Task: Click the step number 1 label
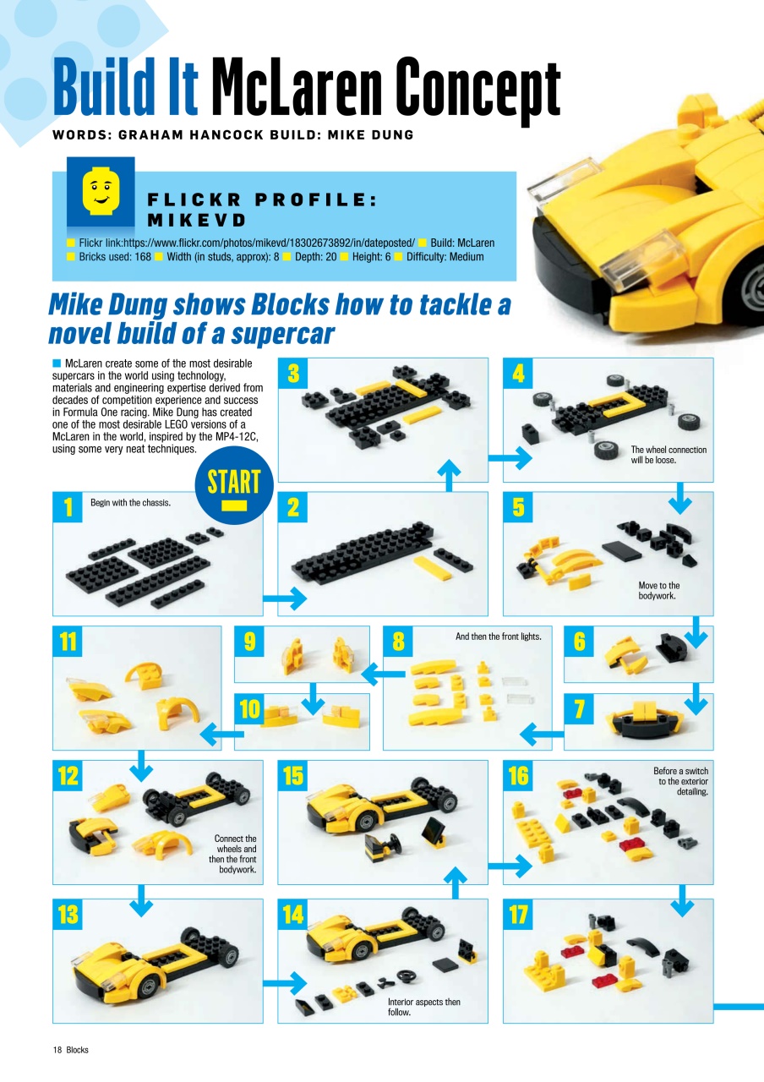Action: (x=66, y=506)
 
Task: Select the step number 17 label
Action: (x=518, y=914)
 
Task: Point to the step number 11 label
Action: (x=68, y=642)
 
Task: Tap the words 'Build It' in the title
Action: (x=126, y=89)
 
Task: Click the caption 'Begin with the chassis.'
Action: (x=130, y=503)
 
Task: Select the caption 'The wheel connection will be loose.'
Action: (x=668, y=455)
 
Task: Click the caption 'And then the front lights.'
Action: (x=498, y=636)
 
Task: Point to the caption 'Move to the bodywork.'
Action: (x=658, y=590)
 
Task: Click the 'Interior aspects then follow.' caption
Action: (x=423, y=1006)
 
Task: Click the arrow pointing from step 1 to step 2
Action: (x=285, y=598)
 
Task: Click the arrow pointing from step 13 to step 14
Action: (x=285, y=983)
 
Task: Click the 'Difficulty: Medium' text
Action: (x=445, y=256)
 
